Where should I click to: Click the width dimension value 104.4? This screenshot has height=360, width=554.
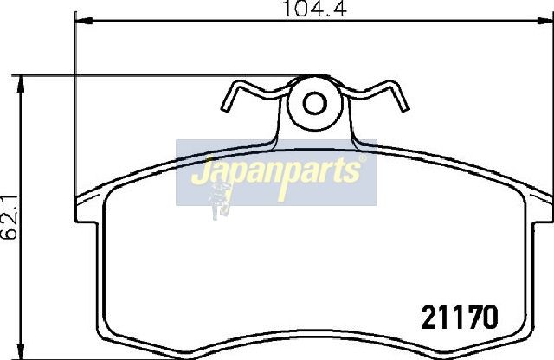tap(315, 9)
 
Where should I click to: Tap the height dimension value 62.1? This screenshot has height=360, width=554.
tap(10, 217)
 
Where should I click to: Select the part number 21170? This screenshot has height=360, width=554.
tap(460, 318)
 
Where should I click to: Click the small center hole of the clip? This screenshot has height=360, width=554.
tap(315, 103)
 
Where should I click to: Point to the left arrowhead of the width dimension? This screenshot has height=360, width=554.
tap(84, 21)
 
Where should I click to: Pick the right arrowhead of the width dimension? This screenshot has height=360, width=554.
tap(545, 21)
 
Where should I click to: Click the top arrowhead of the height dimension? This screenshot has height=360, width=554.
tap(21, 84)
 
